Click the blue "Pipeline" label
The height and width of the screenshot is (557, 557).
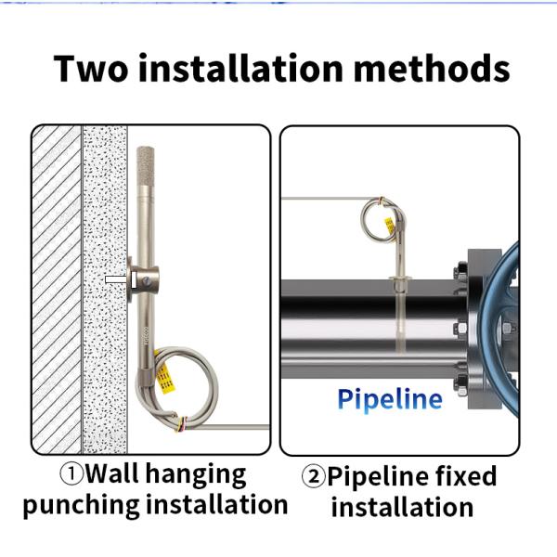coord(389,399)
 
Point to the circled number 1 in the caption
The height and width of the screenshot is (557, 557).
coord(71,474)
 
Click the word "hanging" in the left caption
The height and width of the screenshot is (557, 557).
coord(202,475)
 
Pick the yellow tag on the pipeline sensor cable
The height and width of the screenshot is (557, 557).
coord(391,223)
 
